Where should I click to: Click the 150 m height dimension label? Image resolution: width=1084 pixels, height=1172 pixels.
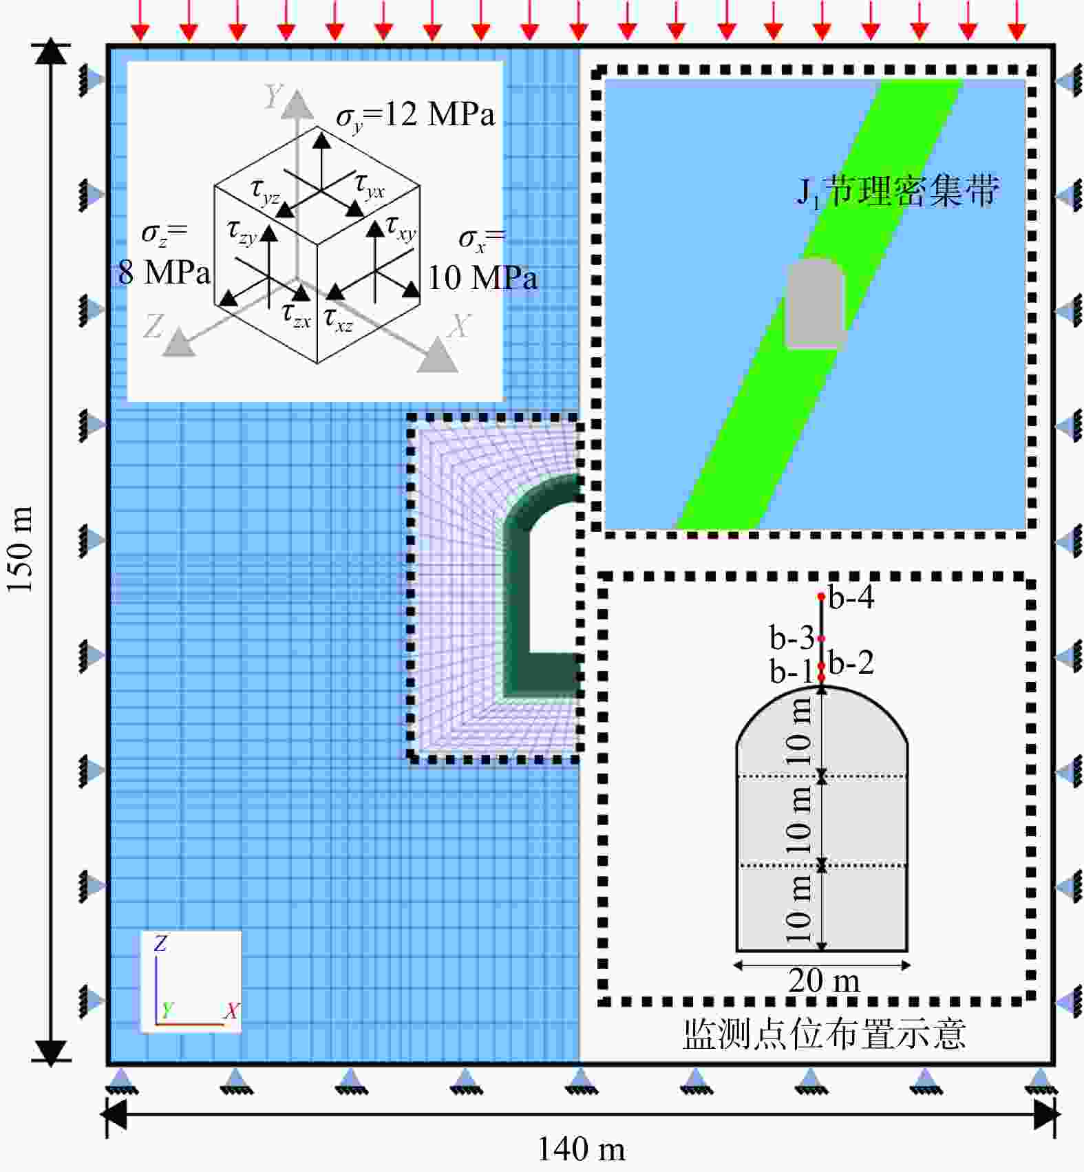pyautogui.click(x=20, y=549)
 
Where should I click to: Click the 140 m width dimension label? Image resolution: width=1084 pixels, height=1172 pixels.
pyautogui.click(x=581, y=1149)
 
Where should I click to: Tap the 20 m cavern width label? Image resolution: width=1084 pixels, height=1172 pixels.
pyautogui.click(x=824, y=980)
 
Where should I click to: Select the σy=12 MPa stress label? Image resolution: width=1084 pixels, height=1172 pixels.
pyautogui.click(x=416, y=116)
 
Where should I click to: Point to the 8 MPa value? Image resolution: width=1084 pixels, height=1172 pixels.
pyautogui.click(x=164, y=273)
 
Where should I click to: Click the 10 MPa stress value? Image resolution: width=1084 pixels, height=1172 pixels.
pyautogui.click(x=482, y=278)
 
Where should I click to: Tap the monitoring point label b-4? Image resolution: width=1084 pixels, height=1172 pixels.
pyautogui.click(x=851, y=597)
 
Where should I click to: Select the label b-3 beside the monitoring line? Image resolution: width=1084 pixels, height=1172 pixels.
pyautogui.click(x=792, y=638)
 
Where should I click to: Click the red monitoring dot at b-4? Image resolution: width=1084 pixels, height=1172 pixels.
pyautogui.click(x=821, y=596)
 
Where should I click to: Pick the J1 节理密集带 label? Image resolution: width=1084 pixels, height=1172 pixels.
pyautogui.click(x=897, y=191)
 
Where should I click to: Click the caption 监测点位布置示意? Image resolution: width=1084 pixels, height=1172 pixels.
pyautogui.click(x=824, y=1034)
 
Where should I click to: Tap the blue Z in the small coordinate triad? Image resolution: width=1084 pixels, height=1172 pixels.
pyautogui.click(x=160, y=944)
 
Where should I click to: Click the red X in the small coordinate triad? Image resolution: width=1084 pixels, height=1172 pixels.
pyautogui.click(x=231, y=1011)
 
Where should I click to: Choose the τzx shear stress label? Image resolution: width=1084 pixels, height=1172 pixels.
pyautogui.click(x=297, y=315)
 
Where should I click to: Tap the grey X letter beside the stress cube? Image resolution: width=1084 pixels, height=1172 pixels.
pyautogui.click(x=459, y=326)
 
